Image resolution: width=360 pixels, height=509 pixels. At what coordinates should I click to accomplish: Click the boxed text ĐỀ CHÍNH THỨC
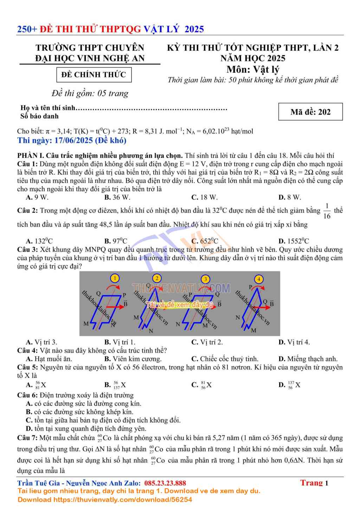tap(94, 75)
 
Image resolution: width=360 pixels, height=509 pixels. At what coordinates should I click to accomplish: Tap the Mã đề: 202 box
tap(310, 112)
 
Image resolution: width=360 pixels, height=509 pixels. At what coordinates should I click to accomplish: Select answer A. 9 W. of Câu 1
tap(37, 197)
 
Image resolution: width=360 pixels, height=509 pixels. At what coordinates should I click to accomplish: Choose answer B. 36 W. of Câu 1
tap(117, 197)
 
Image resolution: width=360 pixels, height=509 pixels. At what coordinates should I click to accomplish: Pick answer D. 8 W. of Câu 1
tap(290, 197)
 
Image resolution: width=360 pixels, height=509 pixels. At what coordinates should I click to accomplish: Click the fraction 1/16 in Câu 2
tap(327, 211)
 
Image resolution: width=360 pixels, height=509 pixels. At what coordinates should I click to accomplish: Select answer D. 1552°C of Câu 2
tap(294, 241)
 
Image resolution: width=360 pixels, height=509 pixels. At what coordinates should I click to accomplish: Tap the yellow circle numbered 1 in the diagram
tap(115, 278)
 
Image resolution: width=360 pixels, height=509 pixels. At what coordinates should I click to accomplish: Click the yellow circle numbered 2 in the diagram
tap(157, 278)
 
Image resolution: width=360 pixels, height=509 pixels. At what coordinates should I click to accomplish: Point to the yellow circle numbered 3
tap(206, 279)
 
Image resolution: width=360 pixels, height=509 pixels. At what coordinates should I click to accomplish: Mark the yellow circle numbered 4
tap(259, 279)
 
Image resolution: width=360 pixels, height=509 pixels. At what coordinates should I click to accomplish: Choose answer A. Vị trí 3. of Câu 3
tap(41, 342)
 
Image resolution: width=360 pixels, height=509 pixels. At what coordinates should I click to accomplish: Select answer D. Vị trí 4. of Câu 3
tap(294, 342)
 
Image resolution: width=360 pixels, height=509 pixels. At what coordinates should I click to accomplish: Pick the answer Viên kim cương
tap(133, 359)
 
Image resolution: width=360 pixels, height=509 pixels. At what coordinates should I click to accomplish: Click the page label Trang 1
tap(314, 483)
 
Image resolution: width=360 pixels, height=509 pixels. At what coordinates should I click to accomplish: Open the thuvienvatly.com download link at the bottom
tap(123, 500)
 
